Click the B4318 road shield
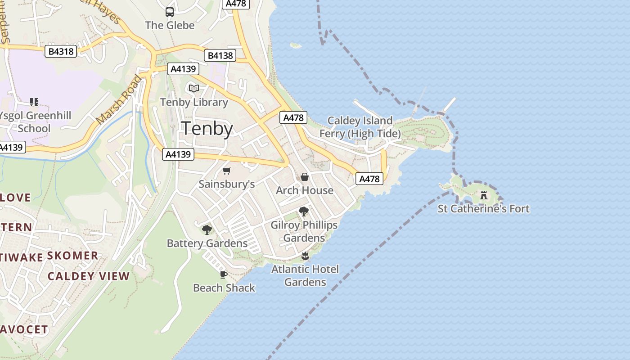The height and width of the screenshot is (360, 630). click(x=61, y=52)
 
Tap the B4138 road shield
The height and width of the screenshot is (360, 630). click(x=220, y=56)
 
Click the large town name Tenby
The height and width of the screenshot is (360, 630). click(x=207, y=129)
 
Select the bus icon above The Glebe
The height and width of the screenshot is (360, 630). click(x=170, y=12)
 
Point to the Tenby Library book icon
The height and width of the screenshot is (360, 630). click(x=194, y=89)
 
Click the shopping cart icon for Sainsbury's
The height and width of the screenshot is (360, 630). click(x=227, y=171)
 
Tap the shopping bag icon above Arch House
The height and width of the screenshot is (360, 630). click(x=305, y=177)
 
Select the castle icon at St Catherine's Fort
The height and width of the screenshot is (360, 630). click(x=484, y=195)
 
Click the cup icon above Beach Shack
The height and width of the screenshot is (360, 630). click(x=224, y=274)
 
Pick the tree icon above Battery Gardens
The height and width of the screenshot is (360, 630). click(x=207, y=230)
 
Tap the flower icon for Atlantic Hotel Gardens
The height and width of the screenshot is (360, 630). click(x=305, y=256)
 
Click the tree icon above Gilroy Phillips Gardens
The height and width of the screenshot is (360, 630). click(x=304, y=211)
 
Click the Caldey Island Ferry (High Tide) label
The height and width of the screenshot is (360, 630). click(x=360, y=127)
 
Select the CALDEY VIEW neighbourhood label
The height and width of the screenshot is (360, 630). click(x=89, y=276)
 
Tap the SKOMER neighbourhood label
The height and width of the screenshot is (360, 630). click(x=72, y=256)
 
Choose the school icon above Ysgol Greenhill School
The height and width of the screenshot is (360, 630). click(x=34, y=102)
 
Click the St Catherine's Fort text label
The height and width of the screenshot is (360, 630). click(x=484, y=209)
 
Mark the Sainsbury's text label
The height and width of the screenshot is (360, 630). click(x=227, y=184)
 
